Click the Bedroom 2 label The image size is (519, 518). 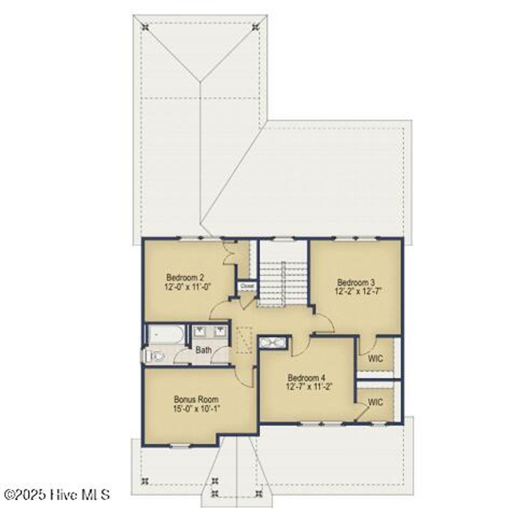[x=185, y=277]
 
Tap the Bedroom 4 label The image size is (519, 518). [x=306, y=378]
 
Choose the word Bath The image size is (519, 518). [x=204, y=350]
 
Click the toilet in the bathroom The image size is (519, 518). [x=154, y=356]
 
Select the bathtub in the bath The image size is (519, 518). [x=165, y=335]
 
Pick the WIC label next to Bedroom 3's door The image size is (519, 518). [x=376, y=359]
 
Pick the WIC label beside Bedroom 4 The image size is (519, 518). [x=376, y=402]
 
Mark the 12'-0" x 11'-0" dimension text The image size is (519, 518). [x=188, y=286]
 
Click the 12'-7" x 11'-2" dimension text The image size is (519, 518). [x=309, y=387]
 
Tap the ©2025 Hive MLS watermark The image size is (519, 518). [x=57, y=494]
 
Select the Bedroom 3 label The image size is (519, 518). [x=356, y=282]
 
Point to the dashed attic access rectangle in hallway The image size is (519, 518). [x=246, y=341]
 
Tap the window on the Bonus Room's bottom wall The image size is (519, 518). [x=180, y=446]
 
